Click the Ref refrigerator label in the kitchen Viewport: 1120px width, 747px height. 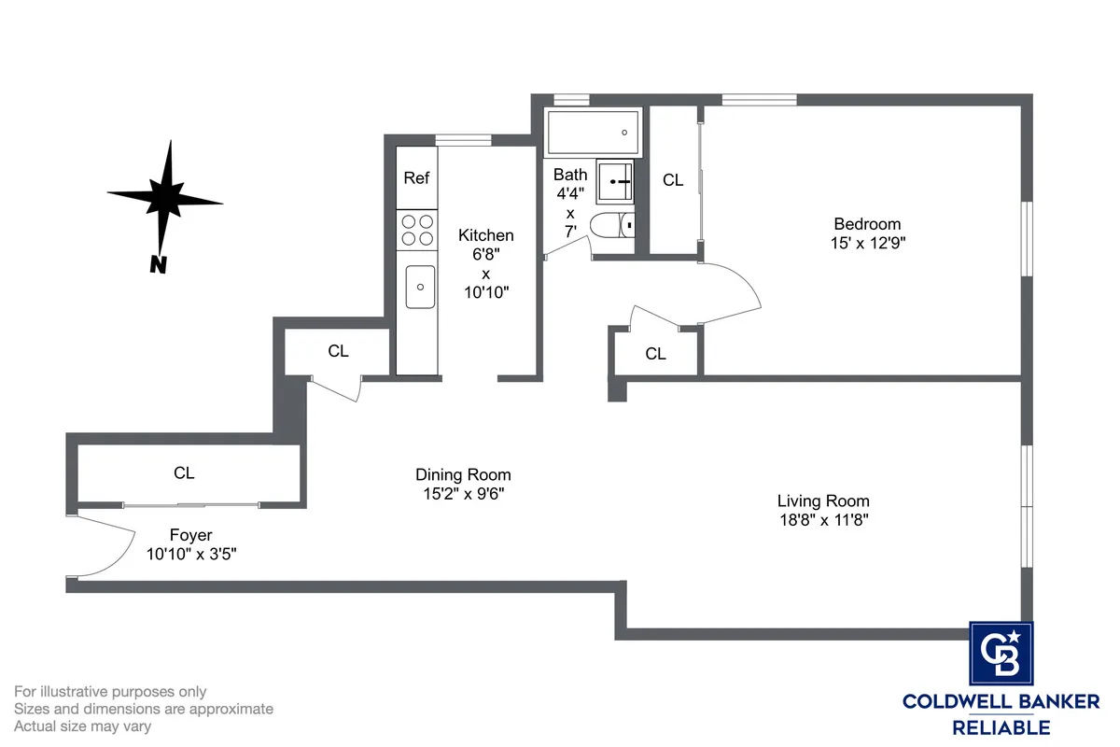[x=416, y=177]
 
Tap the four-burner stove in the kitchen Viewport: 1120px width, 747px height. [x=417, y=231]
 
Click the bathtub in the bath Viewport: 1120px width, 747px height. [x=594, y=134]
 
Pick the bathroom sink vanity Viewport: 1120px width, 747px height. [x=615, y=179]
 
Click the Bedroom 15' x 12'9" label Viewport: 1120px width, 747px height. [x=867, y=233]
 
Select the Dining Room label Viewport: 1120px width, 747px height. [x=463, y=475]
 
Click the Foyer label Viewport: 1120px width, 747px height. [x=190, y=535]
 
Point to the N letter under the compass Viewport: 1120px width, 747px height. [x=159, y=265]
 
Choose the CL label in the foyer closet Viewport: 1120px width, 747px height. [x=184, y=473]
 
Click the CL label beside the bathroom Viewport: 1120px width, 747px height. [x=673, y=180]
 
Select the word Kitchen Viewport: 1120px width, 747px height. [x=485, y=235]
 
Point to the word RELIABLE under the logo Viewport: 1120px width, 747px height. [x=1001, y=726]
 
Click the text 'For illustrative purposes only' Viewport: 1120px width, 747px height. [x=110, y=692]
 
